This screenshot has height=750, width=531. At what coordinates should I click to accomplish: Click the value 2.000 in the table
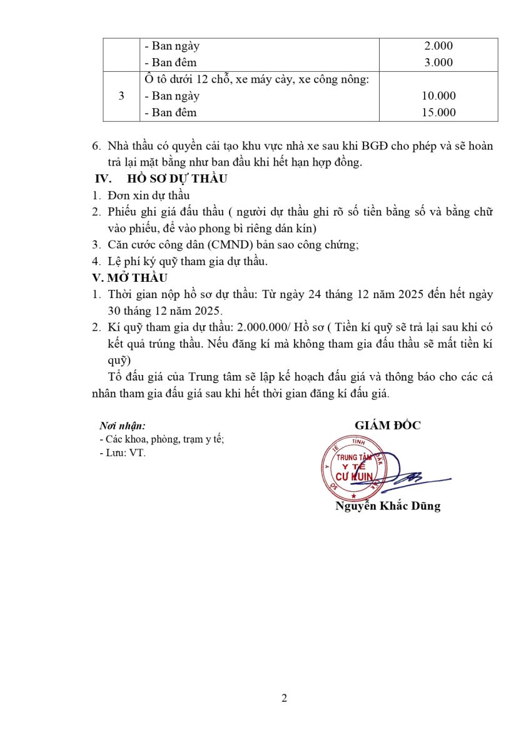pyautogui.click(x=438, y=46)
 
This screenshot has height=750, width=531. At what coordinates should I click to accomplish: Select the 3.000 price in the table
pyautogui.click(x=438, y=62)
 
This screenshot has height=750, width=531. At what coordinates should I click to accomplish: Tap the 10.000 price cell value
pyautogui.click(x=438, y=96)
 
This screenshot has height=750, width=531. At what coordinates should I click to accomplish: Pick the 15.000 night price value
pyautogui.click(x=438, y=112)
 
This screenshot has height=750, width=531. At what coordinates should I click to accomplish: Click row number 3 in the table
pyautogui.click(x=121, y=96)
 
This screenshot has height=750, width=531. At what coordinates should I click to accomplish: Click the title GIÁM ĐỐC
pyautogui.click(x=388, y=426)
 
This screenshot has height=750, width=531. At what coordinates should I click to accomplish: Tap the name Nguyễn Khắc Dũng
pyautogui.click(x=388, y=506)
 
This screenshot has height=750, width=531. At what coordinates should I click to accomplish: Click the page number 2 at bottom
pyautogui.click(x=285, y=698)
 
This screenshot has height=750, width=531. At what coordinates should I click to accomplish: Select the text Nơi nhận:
pyautogui.click(x=123, y=426)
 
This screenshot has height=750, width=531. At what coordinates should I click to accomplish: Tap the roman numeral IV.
pyautogui.click(x=102, y=179)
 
